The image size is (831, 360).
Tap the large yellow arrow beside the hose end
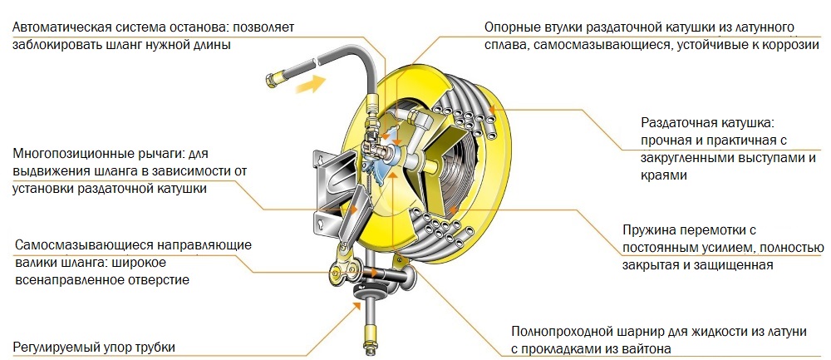[309, 83]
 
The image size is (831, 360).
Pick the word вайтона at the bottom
[645, 349]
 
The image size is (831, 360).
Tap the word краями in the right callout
[662, 175]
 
